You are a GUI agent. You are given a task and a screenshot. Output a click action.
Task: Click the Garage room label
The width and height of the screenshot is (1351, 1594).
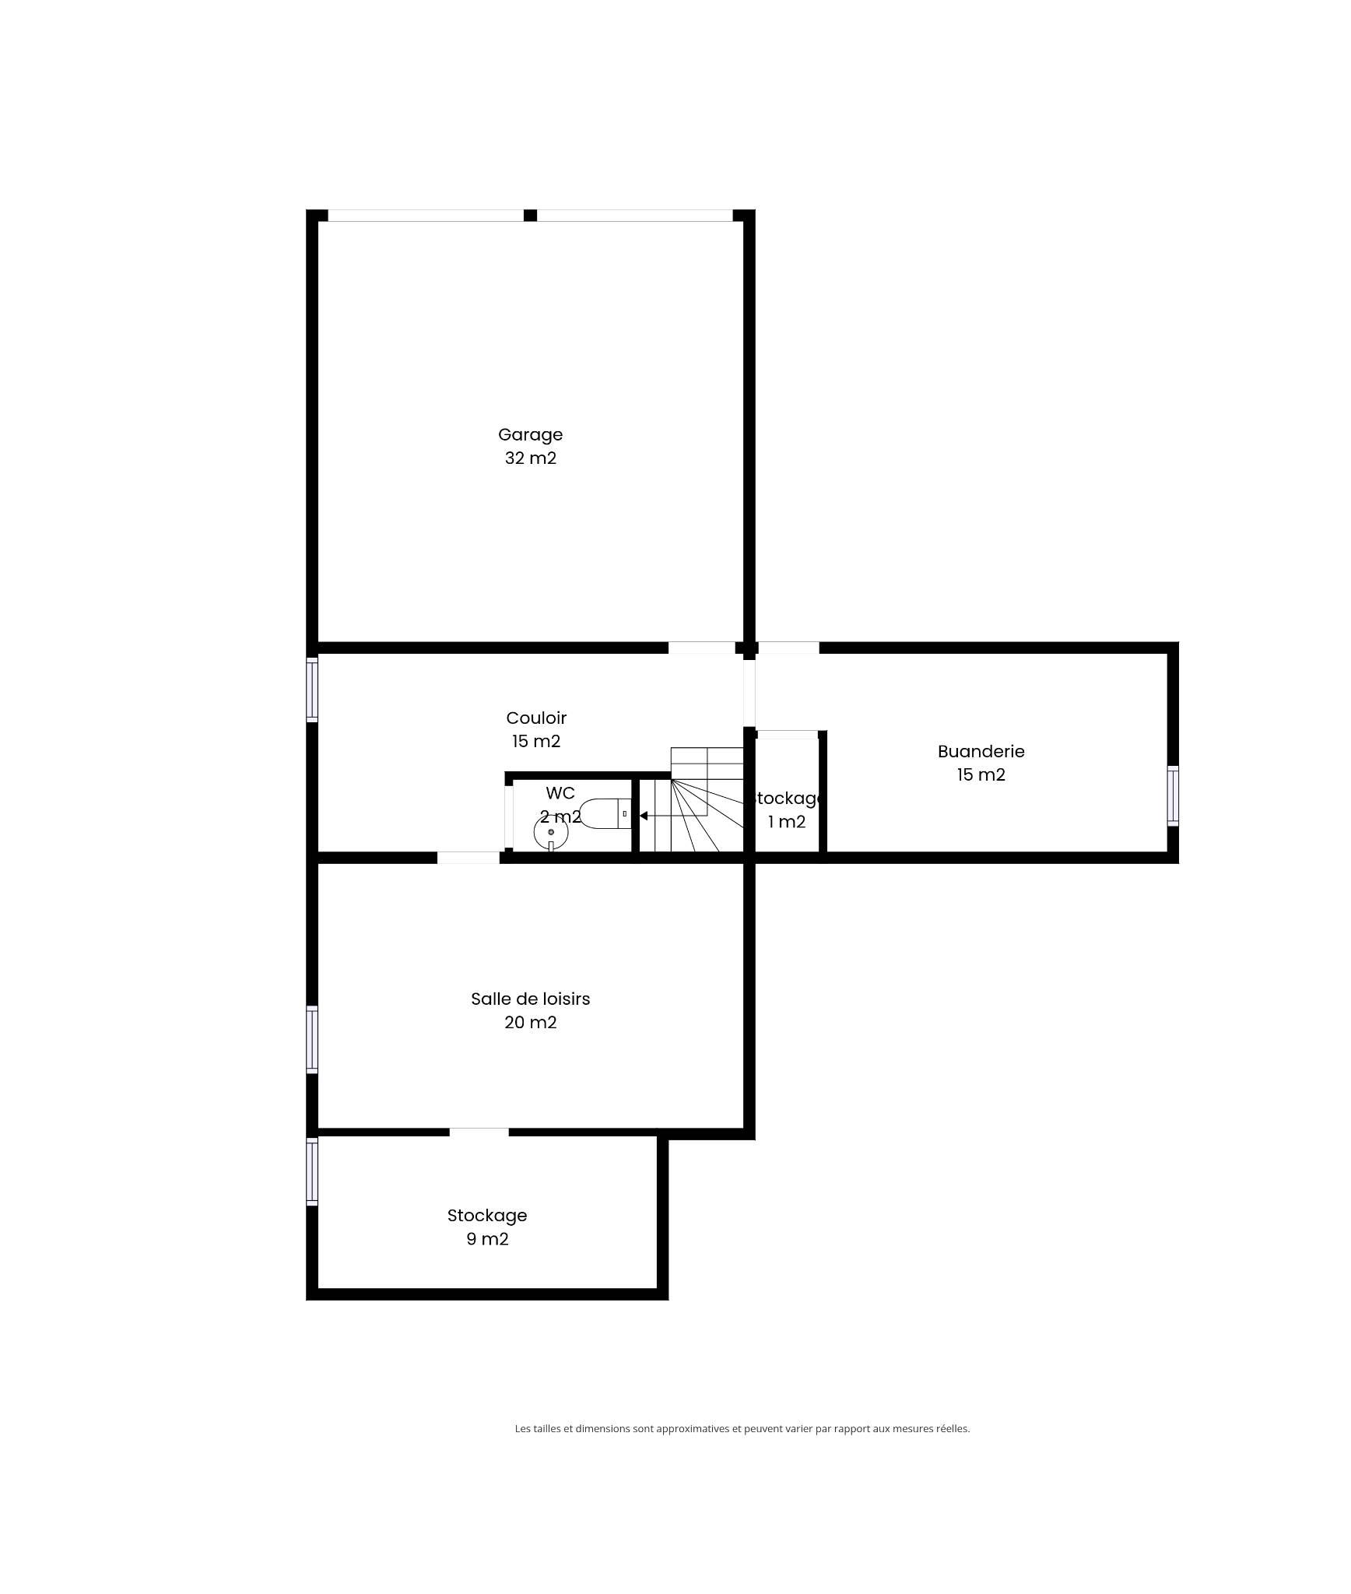530,434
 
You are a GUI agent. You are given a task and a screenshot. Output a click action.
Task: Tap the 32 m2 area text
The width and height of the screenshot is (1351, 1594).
530,458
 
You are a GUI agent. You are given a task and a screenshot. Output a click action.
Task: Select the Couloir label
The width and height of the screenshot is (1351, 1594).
536,718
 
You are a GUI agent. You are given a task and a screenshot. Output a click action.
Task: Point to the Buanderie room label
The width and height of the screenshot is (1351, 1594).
981,751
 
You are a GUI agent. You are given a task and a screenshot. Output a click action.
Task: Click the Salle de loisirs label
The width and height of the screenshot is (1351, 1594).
530,999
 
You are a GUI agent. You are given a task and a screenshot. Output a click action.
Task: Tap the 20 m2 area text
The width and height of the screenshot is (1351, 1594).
530,1022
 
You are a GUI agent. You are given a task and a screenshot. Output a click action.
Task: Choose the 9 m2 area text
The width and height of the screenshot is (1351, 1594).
487,1238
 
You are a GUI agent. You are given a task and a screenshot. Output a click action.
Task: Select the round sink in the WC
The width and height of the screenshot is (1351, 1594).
551,833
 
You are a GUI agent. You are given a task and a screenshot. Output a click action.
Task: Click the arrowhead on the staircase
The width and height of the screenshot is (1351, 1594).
644,816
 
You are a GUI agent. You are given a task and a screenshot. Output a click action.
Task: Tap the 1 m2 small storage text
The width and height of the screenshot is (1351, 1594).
786,822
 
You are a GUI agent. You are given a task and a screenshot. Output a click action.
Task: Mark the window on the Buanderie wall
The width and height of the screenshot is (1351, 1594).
1173,795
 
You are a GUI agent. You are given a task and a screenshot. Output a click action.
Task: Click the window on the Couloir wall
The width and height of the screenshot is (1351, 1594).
312,688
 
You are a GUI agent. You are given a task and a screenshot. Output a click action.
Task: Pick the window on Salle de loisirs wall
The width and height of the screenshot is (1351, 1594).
312,1039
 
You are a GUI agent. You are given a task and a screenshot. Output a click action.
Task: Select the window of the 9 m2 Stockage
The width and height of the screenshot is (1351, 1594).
312,1171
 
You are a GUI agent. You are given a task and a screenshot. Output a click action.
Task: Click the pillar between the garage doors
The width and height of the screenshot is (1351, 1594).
530,216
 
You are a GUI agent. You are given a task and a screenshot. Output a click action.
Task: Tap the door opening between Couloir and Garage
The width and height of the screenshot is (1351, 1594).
701,648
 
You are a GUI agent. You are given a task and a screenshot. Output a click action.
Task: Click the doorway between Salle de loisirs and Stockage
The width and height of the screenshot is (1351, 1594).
479,1132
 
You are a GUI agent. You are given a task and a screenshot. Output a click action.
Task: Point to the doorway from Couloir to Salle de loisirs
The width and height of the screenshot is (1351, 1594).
468,858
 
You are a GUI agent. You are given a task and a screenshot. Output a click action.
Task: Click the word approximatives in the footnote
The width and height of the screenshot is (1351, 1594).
693,1429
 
